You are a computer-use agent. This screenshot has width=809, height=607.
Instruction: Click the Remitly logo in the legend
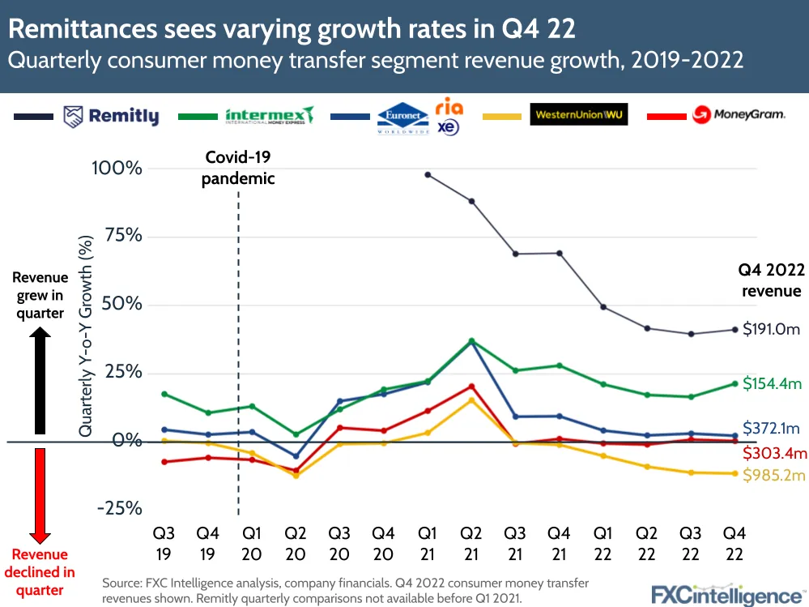click(112, 117)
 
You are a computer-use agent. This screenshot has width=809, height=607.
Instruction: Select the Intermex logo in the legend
click(270, 115)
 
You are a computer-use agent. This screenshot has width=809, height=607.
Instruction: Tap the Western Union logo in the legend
click(579, 114)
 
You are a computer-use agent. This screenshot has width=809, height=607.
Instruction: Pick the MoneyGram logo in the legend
click(738, 115)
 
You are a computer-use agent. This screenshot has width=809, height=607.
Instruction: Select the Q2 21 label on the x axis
click(470, 543)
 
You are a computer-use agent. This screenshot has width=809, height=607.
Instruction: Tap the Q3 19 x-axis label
click(164, 543)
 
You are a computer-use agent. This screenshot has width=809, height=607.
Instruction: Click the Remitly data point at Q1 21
click(428, 175)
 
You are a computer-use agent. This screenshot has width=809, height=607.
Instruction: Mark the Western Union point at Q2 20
click(296, 476)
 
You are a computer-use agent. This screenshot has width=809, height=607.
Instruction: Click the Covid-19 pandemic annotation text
click(238, 168)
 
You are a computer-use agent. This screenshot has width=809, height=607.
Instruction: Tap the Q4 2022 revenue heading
click(769, 280)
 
